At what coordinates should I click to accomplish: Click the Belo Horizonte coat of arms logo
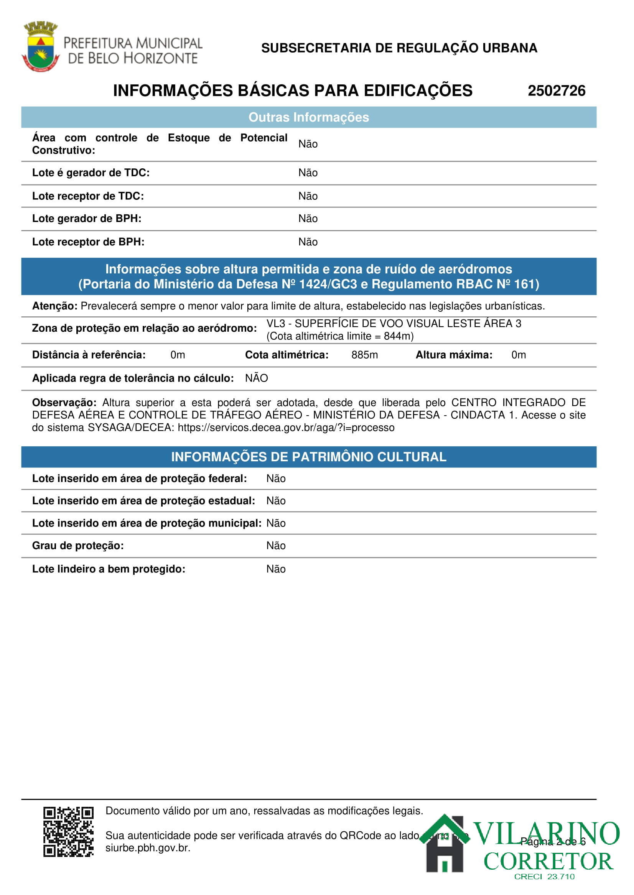pos(40,47)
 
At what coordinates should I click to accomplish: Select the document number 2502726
pos(556,91)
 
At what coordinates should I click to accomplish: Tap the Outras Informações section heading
pos(308,117)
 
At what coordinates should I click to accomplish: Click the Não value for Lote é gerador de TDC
pos(308,173)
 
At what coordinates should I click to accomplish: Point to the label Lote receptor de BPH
pos(88,242)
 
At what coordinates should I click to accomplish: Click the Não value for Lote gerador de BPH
pos(308,219)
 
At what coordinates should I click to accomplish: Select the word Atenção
pos(54,306)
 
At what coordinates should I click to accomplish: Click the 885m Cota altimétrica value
pos(364,355)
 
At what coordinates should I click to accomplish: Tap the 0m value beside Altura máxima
pos(519,355)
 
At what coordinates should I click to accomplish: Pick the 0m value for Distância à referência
pos(178,355)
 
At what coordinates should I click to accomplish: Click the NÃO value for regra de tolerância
pos(257,378)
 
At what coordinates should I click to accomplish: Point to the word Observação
pos(64,402)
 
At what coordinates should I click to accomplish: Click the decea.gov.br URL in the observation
pos(286,428)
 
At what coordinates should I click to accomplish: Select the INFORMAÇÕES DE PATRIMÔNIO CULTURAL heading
pos(308,457)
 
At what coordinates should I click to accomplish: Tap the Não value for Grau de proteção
pos(276,546)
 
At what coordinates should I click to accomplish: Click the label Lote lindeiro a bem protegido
pos(109,569)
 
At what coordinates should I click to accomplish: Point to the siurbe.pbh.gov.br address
pos(148,848)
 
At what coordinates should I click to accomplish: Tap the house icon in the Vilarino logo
pos(445,844)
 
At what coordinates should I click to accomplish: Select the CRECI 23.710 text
pos(544,877)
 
